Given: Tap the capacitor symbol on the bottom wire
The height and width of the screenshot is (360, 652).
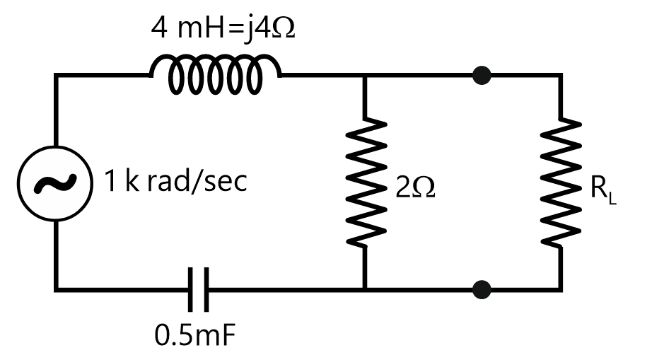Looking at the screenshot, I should (x=199, y=289).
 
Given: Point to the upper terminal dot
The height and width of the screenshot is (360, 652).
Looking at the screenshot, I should (x=482, y=74).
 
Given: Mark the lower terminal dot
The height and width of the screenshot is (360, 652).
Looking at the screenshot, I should (x=482, y=289).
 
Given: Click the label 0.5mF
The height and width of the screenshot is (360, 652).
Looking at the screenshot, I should (x=195, y=335).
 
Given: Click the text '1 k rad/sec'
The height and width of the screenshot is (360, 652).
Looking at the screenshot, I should (x=176, y=182).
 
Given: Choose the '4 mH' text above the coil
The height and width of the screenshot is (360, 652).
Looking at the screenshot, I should (x=185, y=30).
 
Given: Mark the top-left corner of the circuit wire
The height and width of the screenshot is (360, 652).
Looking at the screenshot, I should (x=56, y=74).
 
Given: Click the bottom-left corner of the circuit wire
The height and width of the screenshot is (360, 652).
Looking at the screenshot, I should (x=56, y=289).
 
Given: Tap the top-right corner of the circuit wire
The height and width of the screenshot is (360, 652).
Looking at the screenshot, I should (x=561, y=74).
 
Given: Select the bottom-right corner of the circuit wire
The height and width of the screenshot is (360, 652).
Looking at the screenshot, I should (x=561, y=289).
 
